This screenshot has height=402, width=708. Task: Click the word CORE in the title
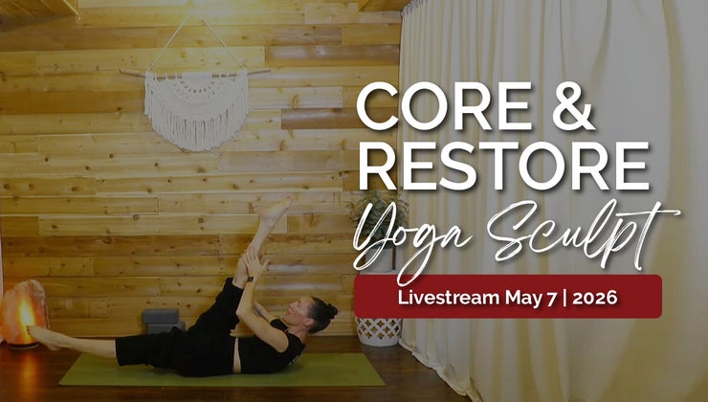click(444, 106)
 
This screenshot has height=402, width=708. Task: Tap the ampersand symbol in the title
click(573, 106)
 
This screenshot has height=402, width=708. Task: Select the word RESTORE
click(503, 166)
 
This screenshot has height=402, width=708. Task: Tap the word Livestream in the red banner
click(449, 298)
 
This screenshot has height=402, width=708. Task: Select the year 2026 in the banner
click(595, 298)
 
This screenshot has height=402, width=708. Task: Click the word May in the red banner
click(524, 299)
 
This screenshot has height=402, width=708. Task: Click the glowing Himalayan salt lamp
click(24, 313)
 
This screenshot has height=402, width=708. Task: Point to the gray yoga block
click(162, 320)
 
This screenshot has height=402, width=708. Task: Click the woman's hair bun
click(328, 310)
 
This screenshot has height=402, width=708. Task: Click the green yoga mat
click(221, 370)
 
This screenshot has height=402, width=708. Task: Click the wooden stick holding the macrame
click(194, 74)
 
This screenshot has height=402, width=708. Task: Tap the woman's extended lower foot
click(43, 338)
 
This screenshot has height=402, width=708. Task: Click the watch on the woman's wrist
click(251, 279)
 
